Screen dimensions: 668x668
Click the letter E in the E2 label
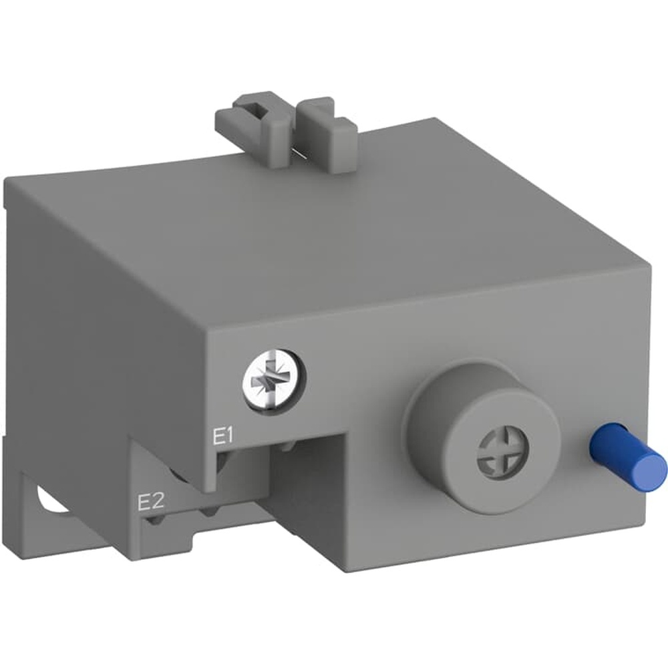[x=142, y=502]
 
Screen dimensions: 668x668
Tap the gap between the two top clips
[x=294, y=134]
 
